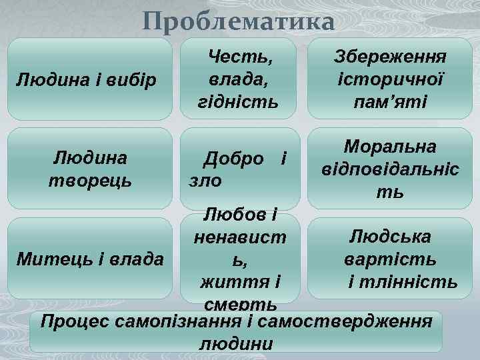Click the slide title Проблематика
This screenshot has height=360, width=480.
coord(238,22)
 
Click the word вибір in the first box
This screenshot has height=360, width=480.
coord(133,81)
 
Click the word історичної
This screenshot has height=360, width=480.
coord(391,79)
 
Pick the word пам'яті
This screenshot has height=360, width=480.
coord(391,101)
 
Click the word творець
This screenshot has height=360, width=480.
coord(90,180)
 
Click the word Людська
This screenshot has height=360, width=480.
coord(391,236)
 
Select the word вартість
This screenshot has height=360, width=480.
coord(391,258)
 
